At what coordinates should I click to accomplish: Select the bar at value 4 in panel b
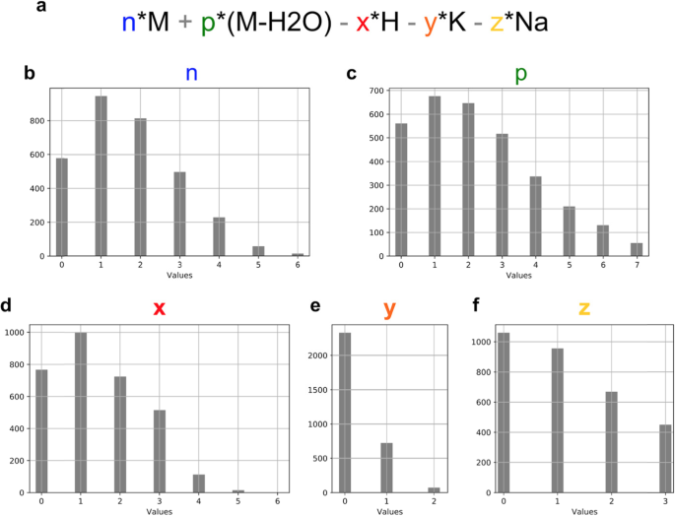[219, 236]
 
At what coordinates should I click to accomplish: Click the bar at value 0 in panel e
[344, 413]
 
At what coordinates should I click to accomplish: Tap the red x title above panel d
[158, 308]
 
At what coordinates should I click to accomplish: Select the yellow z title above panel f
[584, 308]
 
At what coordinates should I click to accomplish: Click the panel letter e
[314, 306]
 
